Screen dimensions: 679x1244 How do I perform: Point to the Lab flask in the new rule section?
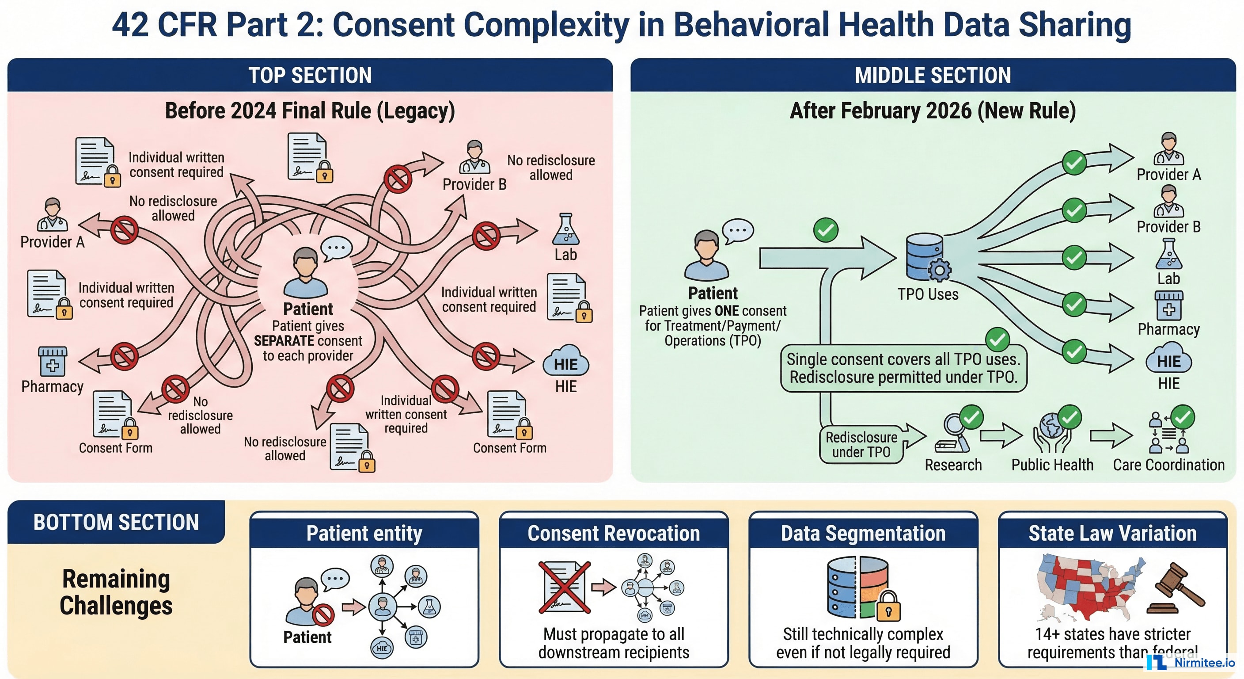tap(1168, 255)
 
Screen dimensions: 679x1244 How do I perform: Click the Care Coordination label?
tap(1168, 465)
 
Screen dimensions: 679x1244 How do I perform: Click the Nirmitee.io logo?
tap(1190, 663)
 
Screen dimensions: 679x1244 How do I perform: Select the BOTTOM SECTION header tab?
tap(116, 523)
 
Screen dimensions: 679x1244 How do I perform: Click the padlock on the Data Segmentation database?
tap(888, 606)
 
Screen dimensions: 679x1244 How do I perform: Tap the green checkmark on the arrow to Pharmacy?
tap(1074, 305)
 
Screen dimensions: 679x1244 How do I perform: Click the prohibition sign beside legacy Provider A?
tap(124, 230)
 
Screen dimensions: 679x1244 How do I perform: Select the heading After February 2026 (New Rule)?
tap(933, 111)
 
